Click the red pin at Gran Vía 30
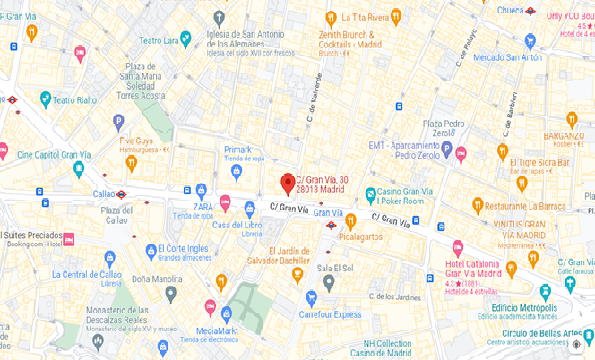coord(288,183)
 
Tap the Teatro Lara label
coord(159,39)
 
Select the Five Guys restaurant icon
coord(132,162)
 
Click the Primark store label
coord(238,150)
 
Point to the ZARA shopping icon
coord(201,190)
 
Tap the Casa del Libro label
coord(237,224)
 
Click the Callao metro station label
coord(104,193)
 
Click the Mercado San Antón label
coord(507,58)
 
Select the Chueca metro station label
coord(509,11)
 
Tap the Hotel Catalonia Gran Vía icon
coord(457,247)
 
